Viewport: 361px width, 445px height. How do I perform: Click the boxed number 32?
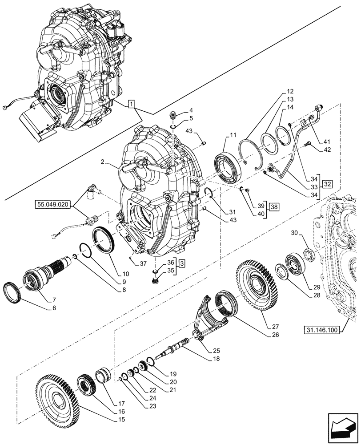[x=327, y=184]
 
